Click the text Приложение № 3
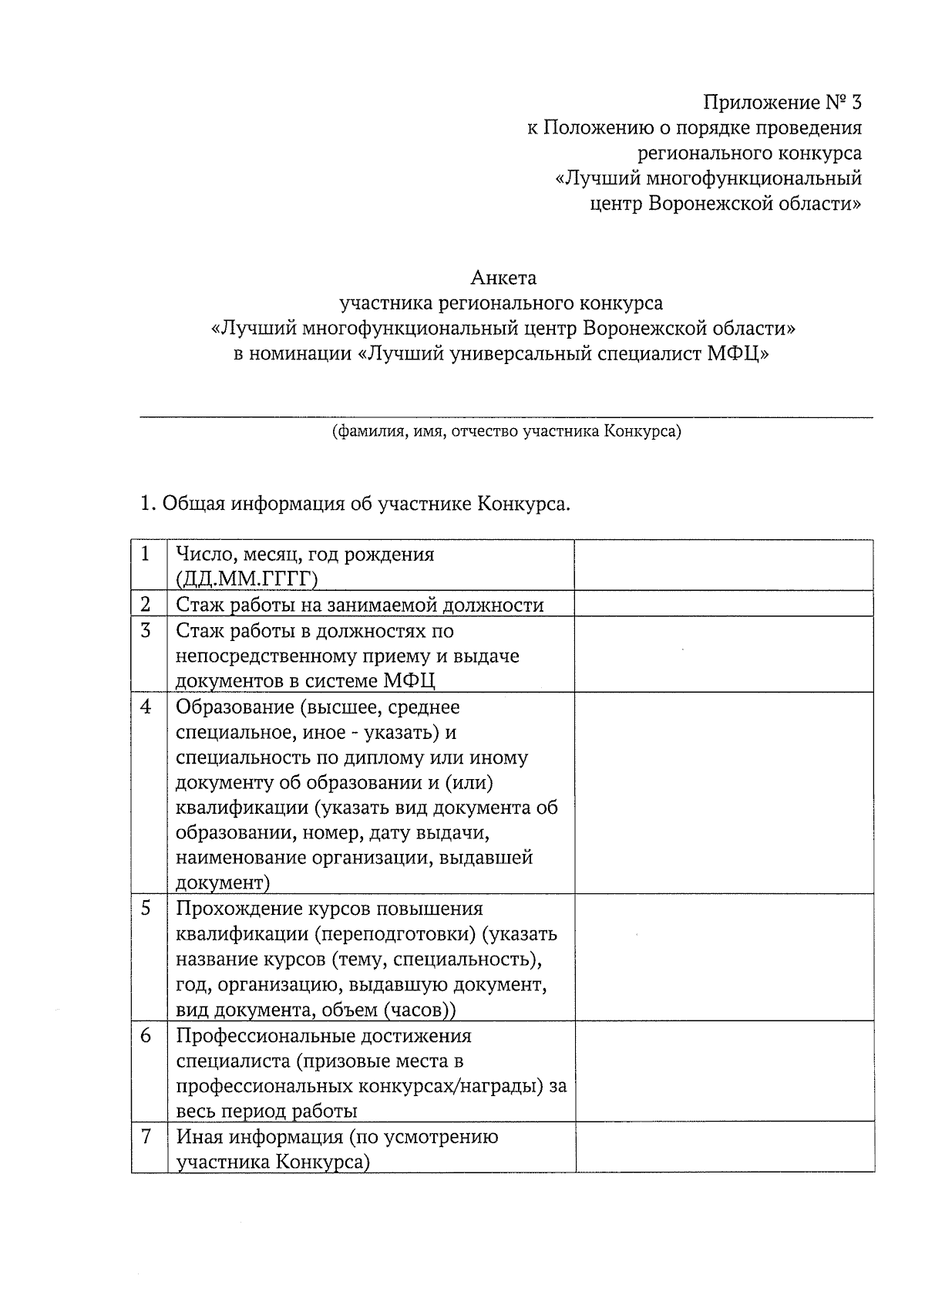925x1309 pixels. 782,103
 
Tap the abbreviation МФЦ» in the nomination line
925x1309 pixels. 738,354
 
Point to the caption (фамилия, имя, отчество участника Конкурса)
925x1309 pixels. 506,431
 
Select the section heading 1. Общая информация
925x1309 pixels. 355,504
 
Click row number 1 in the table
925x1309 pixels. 145,554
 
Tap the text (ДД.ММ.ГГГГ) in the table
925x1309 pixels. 247,579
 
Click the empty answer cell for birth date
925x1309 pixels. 724,565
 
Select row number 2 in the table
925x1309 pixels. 146,604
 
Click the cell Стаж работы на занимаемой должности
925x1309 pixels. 360,605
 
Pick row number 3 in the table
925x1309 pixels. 146,631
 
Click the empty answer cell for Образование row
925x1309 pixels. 724,793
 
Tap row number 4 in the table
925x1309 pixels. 146,707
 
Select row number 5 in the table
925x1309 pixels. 146,909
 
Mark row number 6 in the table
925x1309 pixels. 146,1035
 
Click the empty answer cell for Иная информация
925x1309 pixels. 724,1147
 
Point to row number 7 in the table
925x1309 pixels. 146,1136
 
